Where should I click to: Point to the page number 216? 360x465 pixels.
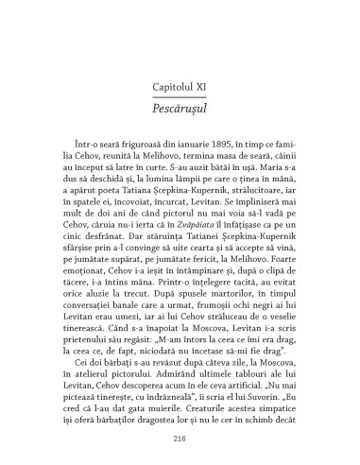pyautogui.click(x=180, y=439)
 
